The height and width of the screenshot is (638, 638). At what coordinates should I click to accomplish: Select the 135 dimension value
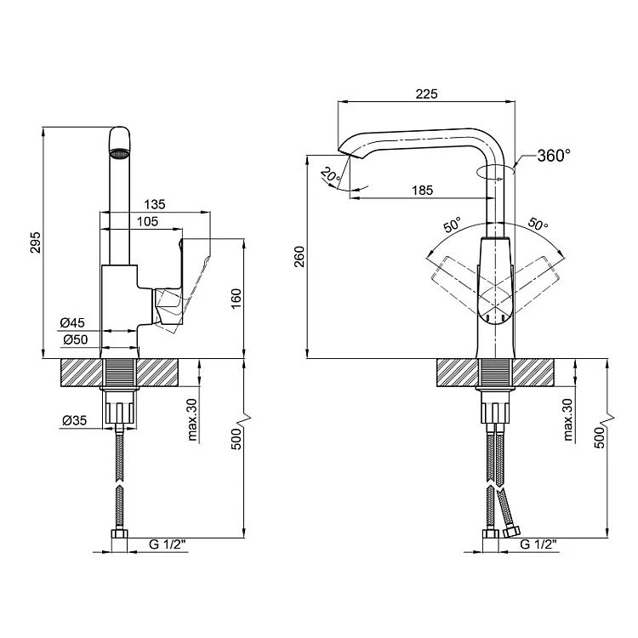coord(154,204)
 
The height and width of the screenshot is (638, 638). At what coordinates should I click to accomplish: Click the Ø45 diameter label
coord(72,322)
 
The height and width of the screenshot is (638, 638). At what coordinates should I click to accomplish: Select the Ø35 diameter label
coord(74,419)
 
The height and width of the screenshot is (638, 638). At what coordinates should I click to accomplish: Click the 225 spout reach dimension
coord(426,94)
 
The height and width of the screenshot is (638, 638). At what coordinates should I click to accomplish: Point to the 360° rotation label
coord(554,156)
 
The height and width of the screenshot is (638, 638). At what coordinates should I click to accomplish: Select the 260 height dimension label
coord(299,256)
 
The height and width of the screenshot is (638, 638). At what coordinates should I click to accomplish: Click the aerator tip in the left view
coord(120,154)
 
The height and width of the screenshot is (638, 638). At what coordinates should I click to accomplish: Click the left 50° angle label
coord(451,226)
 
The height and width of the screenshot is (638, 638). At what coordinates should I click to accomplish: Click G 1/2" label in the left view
coord(165,544)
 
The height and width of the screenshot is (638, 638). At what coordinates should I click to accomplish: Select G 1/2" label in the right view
coord(537,544)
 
